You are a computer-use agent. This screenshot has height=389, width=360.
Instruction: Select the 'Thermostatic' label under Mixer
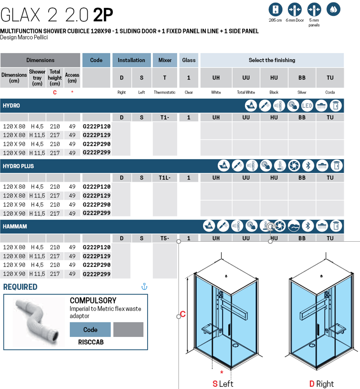point(165,92)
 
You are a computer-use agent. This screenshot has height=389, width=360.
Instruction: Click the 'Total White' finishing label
point(246,92)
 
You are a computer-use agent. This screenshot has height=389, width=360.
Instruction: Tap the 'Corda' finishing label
point(330,92)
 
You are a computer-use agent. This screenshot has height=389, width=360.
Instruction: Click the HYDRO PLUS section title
point(18,166)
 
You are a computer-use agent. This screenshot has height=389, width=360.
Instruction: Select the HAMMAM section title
point(15,226)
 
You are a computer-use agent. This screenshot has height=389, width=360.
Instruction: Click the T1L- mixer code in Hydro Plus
point(165,178)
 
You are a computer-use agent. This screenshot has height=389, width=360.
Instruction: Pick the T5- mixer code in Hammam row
point(165,238)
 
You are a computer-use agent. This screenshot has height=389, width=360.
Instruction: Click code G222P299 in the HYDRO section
point(96,153)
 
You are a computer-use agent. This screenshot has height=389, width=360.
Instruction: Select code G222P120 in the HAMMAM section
point(96,247)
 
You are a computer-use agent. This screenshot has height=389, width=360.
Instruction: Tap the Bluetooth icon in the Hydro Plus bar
point(308,166)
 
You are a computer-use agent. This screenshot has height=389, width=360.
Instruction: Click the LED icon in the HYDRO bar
point(307,105)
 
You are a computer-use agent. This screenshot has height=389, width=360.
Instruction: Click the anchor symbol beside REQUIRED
point(145,286)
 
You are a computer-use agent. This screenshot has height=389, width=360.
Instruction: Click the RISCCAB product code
point(91,342)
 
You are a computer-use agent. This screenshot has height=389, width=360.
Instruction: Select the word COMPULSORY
point(93,300)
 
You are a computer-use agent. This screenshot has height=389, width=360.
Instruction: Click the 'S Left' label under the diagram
point(222,384)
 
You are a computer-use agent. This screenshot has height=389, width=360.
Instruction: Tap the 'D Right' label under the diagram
point(321,384)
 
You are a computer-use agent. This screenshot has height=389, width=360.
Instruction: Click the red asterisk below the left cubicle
point(222,372)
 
